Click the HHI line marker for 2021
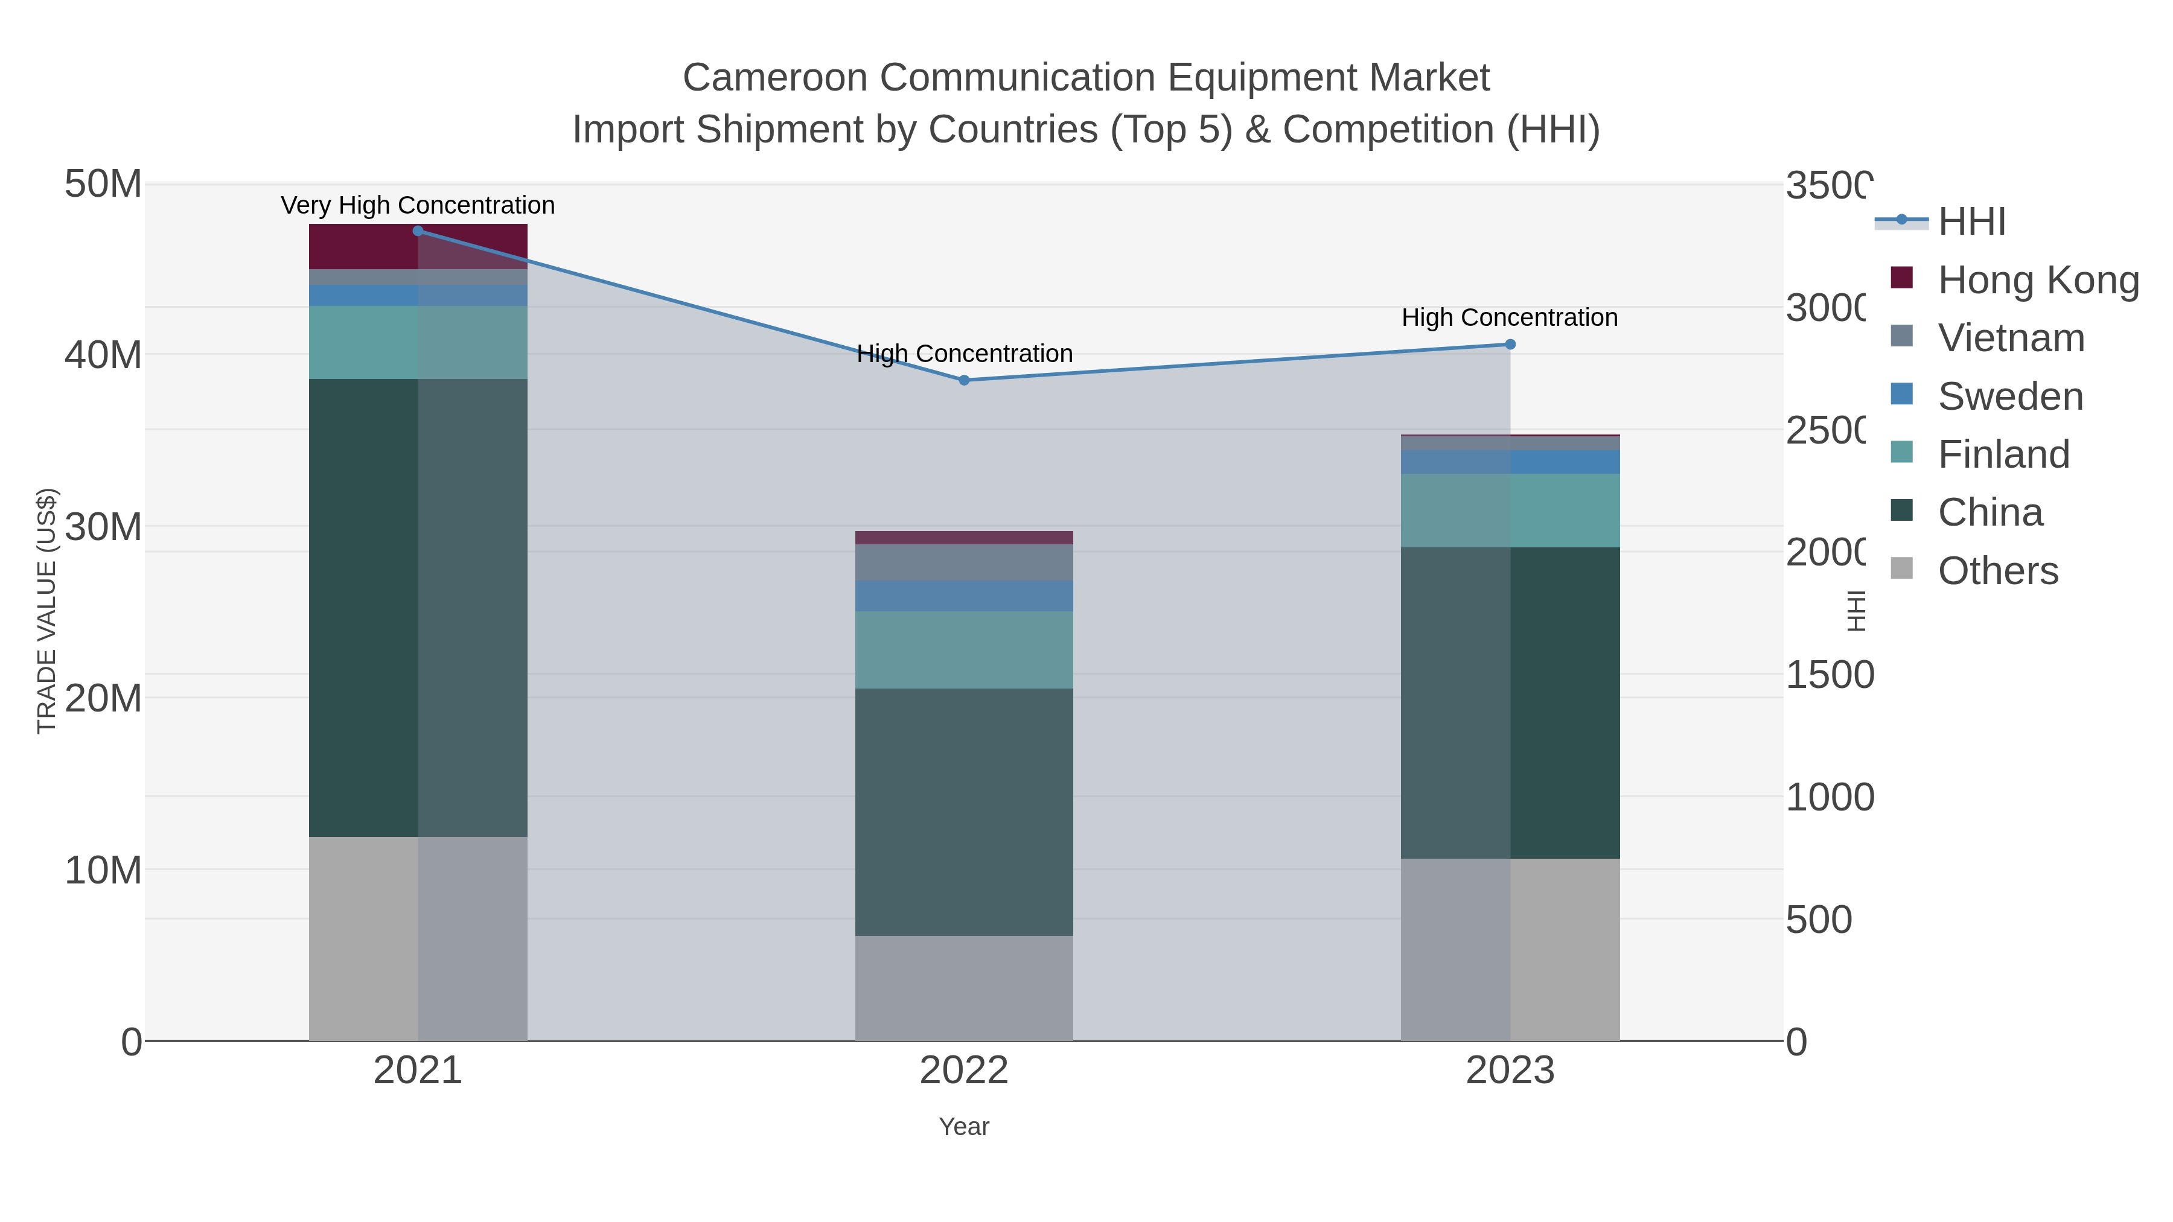pos(418,231)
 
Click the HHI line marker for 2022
pos(964,380)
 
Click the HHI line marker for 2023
pos(1510,344)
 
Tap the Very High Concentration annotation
pos(418,205)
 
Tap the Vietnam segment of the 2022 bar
pos(964,562)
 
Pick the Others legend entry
pos(1997,570)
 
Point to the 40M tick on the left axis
pos(103,355)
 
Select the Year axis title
pos(964,1126)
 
